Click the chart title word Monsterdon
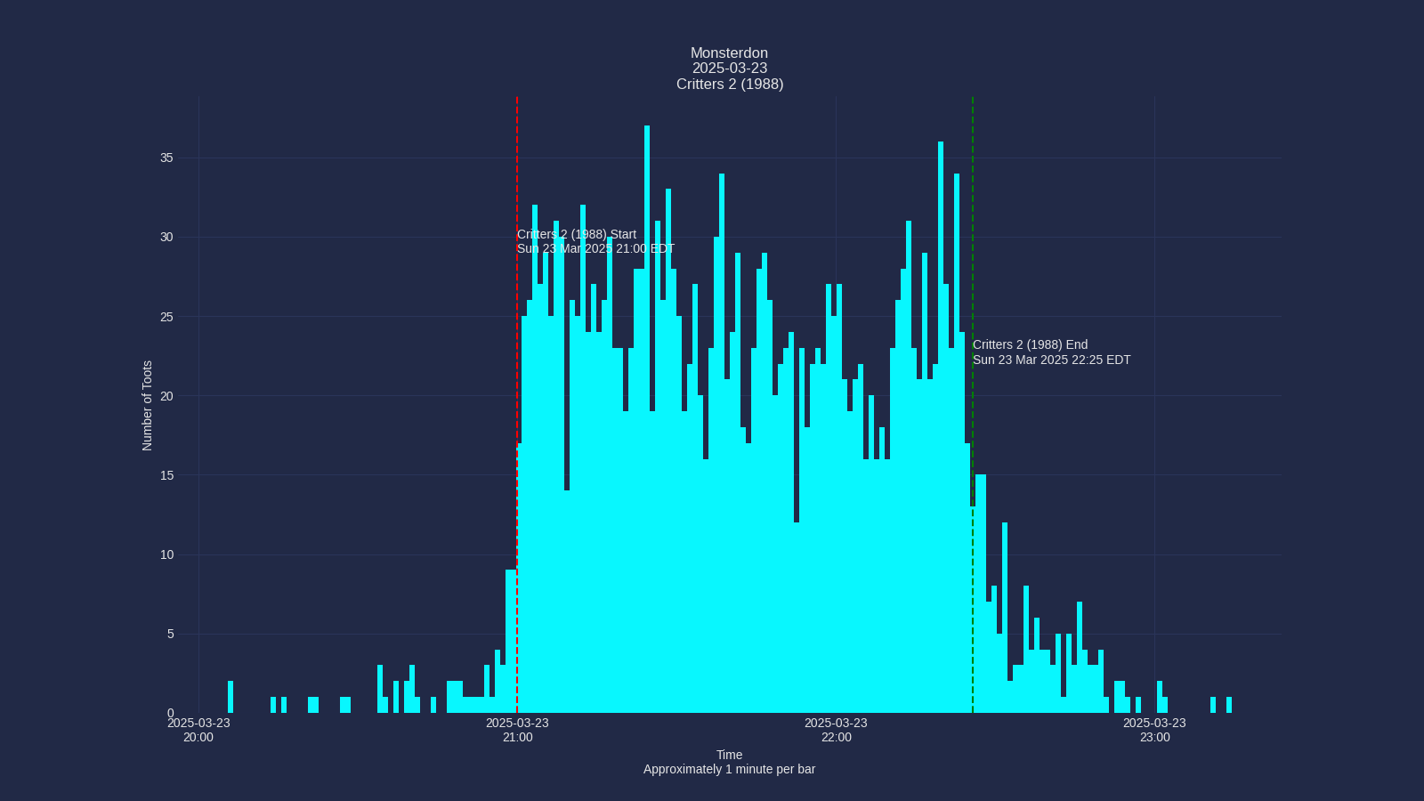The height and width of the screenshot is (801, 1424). [x=729, y=53]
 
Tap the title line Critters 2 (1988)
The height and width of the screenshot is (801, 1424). [x=729, y=85]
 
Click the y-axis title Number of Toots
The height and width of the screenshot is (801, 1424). [x=148, y=406]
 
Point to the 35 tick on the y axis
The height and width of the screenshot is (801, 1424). [x=166, y=158]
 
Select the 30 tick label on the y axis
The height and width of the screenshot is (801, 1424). [x=166, y=238]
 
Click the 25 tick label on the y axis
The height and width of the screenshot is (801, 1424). [x=166, y=317]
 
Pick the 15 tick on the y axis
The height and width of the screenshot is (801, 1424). [x=166, y=475]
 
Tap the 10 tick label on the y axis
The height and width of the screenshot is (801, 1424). [x=166, y=555]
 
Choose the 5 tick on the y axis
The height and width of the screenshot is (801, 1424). [x=170, y=635]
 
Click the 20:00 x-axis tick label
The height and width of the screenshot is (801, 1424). [x=198, y=731]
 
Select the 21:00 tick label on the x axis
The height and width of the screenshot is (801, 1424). [x=517, y=731]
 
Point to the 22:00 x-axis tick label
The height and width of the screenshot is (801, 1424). [x=836, y=731]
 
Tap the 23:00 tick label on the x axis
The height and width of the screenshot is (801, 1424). [x=1154, y=731]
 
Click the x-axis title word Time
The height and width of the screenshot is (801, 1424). [x=729, y=756]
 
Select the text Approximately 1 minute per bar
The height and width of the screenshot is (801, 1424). [x=729, y=770]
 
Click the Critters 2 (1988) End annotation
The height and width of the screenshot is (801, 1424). [x=1051, y=352]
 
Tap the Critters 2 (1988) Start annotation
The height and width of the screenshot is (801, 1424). [x=595, y=242]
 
